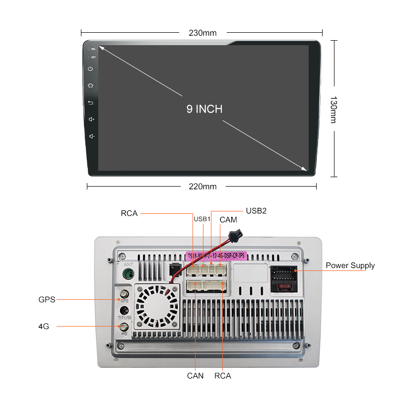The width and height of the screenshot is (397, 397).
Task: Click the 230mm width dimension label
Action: click(x=202, y=33)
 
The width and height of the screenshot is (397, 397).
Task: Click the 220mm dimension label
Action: click(x=202, y=187)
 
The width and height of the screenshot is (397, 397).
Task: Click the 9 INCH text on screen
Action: click(x=204, y=109)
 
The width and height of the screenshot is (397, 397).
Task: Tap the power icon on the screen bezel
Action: click(x=90, y=69)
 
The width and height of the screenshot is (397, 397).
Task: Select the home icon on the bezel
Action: click(x=90, y=85)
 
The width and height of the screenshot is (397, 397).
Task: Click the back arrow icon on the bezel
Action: click(x=90, y=103)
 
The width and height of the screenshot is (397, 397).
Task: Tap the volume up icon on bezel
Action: click(x=91, y=120)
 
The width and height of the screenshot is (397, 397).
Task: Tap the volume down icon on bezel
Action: click(x=91, y=136)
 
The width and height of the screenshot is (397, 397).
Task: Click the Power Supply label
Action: click(x=350, y=265)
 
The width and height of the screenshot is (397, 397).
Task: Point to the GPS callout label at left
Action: click(x=47, y=300)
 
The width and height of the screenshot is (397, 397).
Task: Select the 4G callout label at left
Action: click(x=44, y=327)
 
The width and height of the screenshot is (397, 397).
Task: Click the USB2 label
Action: click(x=256, y=210)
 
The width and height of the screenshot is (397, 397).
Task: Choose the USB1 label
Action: click(x=202, y=219)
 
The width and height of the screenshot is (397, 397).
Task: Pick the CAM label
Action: click(x=228, y=219)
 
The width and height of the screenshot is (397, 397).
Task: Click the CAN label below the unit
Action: click(x=195, y=376)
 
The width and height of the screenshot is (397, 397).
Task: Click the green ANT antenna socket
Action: click(x=128, y=274)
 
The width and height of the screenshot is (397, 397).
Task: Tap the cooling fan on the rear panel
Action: click(x=157, y=308)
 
